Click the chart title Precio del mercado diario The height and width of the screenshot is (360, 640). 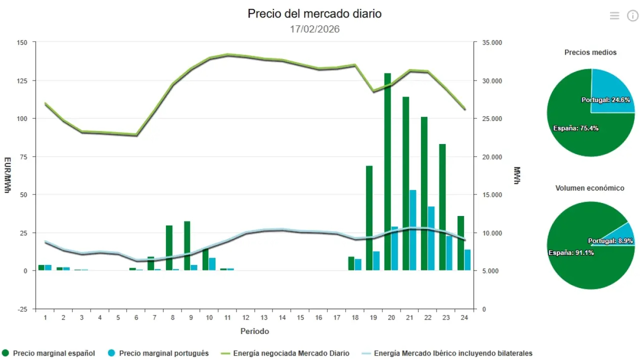[314, 13]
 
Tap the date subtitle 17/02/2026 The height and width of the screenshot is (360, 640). [314, 29]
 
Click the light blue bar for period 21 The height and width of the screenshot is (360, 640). [413, 230]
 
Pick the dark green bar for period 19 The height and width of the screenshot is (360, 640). [369, 217]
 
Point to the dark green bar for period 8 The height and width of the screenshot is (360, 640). [169, 247]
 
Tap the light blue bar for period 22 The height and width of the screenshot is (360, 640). [431, 238]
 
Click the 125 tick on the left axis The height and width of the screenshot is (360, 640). [22, 80]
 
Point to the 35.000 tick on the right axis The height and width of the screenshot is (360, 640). [491, 42]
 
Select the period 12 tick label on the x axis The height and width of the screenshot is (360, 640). [246, 317]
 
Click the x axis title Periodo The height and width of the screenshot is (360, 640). [254, 331]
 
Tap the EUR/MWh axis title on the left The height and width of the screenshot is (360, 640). [7, 175]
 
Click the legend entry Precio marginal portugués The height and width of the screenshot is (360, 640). [164, 353]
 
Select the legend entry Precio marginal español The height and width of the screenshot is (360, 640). [53, 353]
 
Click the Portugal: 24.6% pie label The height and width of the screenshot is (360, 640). [605, 100]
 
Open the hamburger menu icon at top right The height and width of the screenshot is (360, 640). [614, 15]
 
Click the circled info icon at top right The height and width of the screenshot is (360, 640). [632, 15]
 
